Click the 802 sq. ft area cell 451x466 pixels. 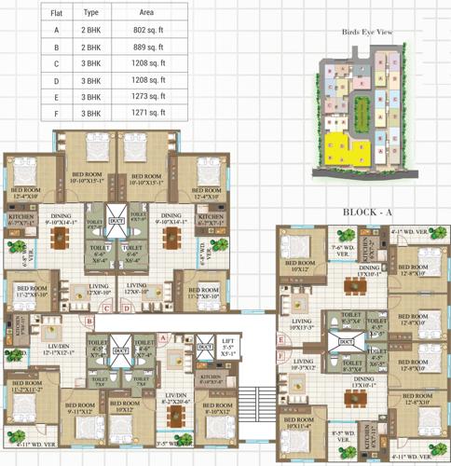point(152,30)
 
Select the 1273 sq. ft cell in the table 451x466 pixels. point(152,97)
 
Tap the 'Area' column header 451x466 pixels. point(146,13)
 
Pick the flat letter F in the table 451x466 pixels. point(56,114)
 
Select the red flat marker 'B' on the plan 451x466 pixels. point(89,322)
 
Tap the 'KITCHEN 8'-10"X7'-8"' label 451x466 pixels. point(212,379)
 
